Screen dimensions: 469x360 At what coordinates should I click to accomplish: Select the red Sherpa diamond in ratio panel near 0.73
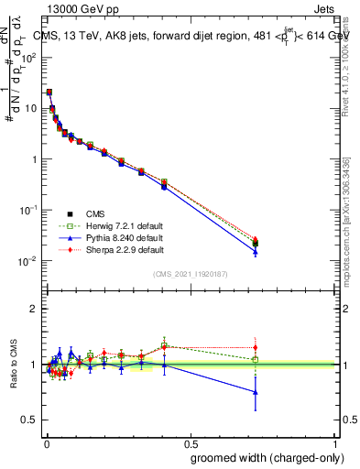coord(256,348)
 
